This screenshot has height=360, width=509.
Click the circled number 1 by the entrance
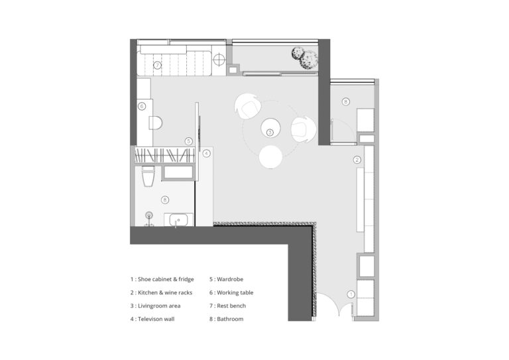pos(351,294)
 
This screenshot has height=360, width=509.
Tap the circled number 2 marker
pos(357,160)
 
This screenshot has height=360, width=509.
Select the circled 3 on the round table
pos(270,133)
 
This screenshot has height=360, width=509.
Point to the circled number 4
pos(207,154)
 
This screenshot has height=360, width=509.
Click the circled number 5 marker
pos(189,141)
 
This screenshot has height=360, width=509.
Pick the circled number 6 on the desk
pos(142,106)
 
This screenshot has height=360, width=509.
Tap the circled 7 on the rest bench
pos(158,65)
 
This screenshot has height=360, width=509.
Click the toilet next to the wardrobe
pos(148,176)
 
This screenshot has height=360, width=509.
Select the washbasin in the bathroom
pos(178,219)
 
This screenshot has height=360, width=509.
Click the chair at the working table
pos(156,123)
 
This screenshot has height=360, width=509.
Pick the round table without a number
pos(270,157)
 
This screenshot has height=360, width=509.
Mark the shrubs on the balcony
pos(304,58)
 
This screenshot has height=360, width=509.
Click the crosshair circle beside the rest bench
pos(219,60)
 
